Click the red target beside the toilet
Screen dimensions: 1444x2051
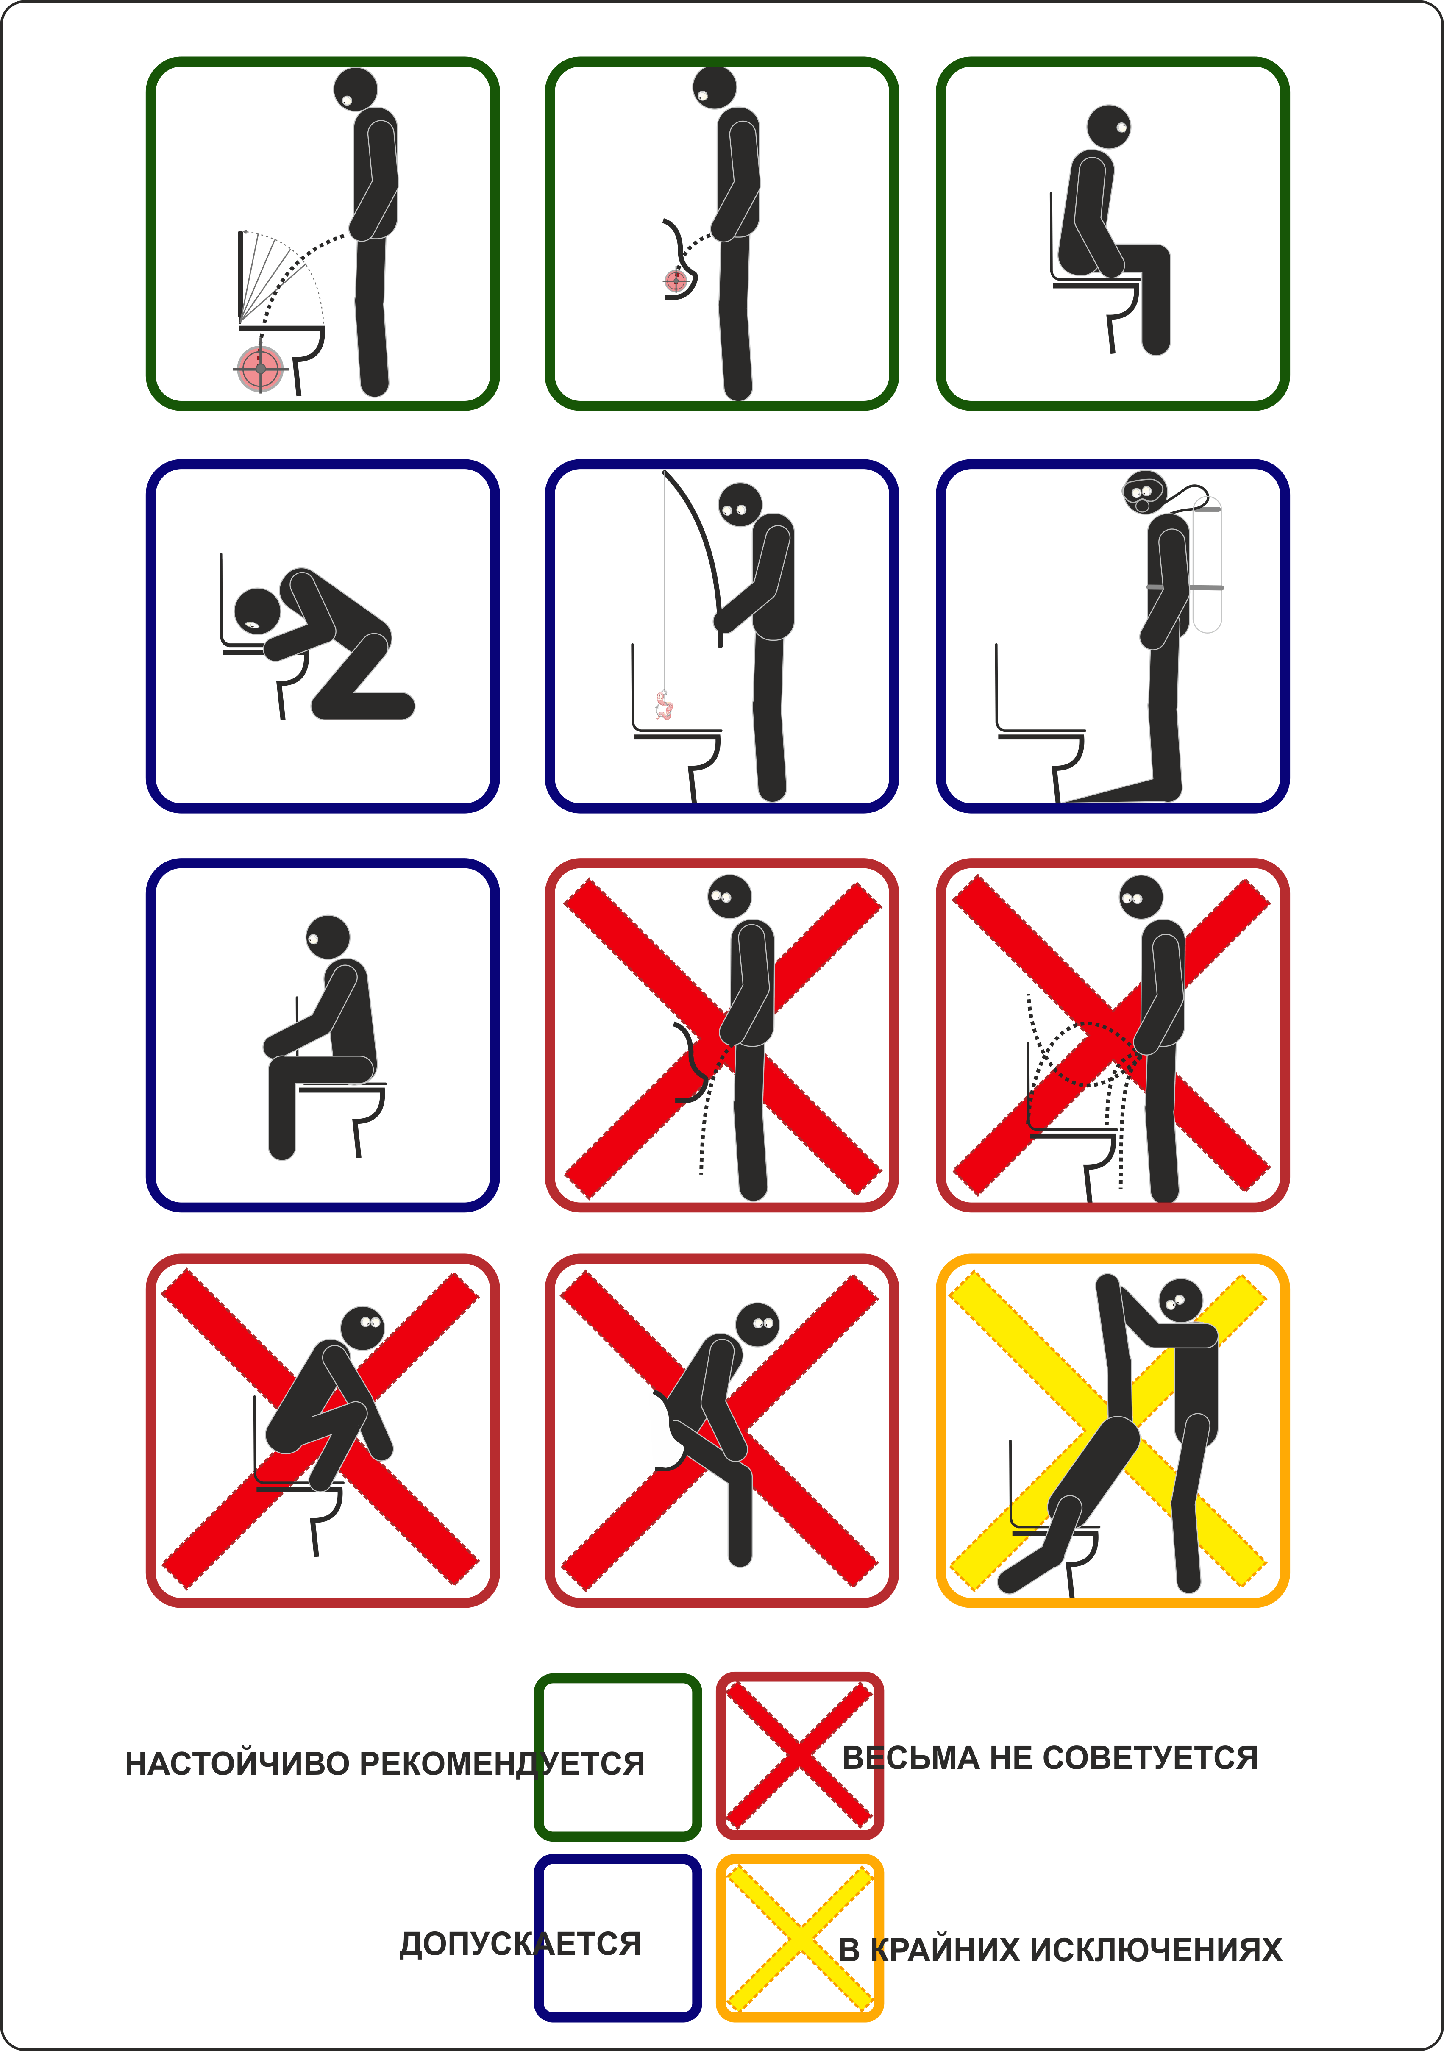260,368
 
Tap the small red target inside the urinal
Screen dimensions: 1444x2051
676,281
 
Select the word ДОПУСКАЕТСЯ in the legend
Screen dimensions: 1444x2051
520,1944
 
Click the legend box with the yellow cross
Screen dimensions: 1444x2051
800,1938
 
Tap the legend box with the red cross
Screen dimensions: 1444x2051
800,1756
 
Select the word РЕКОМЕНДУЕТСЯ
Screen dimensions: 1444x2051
502,1763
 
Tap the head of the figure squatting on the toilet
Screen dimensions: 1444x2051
364,1328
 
